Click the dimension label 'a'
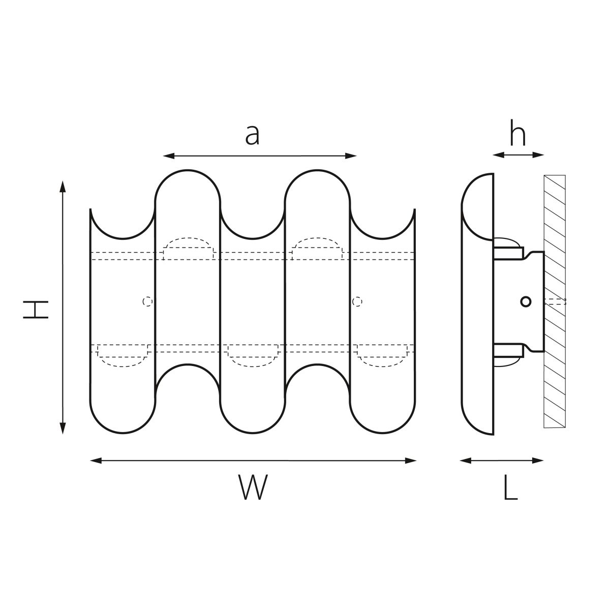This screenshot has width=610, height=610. pos(252,135)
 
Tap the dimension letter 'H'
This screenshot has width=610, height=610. pos(36,309)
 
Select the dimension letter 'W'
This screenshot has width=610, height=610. pos(253,487)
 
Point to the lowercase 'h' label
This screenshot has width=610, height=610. pos(518,133)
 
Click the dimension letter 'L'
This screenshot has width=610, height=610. pos(510,487)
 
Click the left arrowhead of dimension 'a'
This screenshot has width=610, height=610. pos(169,156)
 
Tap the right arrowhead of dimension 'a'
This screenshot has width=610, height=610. pos(351,156)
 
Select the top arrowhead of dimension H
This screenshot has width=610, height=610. pos(63,187)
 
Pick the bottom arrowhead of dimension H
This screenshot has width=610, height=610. pos(63,429)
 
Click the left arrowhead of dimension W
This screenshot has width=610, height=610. pos(96,461)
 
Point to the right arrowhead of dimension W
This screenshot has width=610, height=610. pos(411,461)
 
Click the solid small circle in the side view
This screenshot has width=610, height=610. pos(526,301)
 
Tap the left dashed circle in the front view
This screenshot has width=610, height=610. pos(147,301)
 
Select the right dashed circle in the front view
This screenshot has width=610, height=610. pos(357,301)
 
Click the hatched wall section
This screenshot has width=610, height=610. pos(555,301)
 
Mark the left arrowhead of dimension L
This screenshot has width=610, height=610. pos(465,461)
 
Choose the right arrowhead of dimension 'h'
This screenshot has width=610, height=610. pos(538,155)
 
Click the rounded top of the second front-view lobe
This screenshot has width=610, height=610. pos(188,171)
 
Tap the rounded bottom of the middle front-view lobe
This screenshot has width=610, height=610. pos(253,433)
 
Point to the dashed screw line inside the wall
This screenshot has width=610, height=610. pos(555,301)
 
